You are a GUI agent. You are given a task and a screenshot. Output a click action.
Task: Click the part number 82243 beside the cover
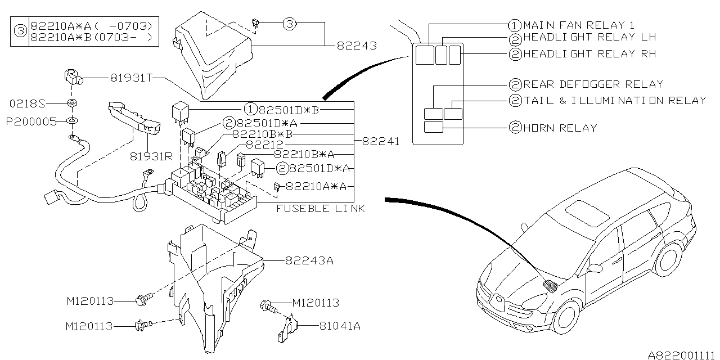[x=357, y=46]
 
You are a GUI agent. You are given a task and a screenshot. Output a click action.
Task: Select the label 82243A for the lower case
[x=309, y=260]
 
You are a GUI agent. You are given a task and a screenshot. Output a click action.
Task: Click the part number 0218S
[x=26, y=103]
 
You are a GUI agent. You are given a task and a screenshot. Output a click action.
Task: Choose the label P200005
[x=31, y=121]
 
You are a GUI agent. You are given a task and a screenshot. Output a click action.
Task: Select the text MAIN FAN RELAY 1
[x=579, y=25]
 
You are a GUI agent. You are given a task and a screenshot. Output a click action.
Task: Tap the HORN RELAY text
[x=560, y=128]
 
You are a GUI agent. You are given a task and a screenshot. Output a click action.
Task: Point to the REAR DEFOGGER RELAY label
[x=593, y=84]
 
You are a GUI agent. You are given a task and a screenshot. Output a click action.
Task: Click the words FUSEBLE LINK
[x=321, y=209]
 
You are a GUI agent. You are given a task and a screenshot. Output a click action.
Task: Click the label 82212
[x=265, y=145]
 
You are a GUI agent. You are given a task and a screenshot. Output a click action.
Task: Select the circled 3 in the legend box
[x=20, y=31]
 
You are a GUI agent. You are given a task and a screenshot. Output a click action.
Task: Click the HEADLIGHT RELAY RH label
[x=589, y=54]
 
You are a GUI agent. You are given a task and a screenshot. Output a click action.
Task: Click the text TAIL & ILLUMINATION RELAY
[x=614, y=101]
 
